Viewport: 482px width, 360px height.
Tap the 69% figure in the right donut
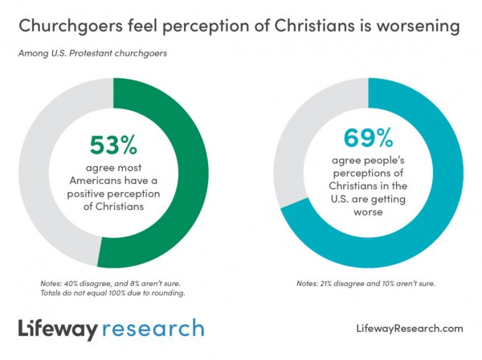(369, 138)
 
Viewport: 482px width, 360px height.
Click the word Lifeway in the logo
(59, 329)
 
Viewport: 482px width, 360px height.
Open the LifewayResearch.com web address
(408, 329)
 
